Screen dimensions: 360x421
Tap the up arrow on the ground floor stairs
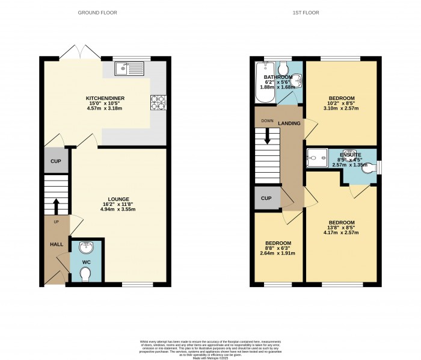56,205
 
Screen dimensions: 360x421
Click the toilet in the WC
86,274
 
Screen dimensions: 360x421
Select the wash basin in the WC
86,246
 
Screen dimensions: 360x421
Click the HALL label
56,244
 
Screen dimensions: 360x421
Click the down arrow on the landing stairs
268,141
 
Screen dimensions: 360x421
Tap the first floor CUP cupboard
265,199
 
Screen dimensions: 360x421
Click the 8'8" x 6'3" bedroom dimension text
278,248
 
